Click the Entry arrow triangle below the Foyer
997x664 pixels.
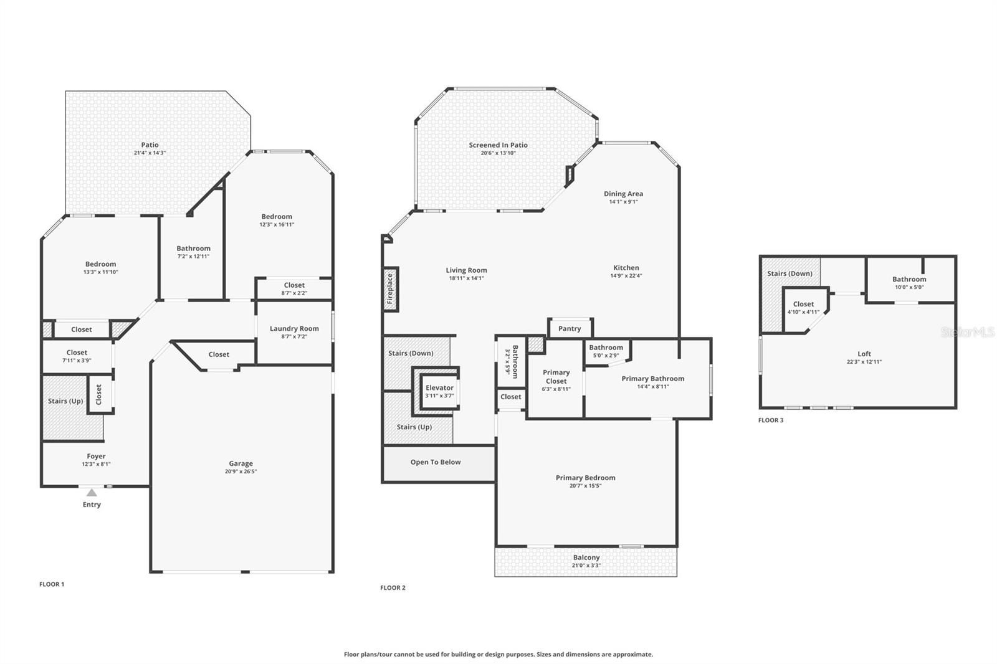coord(92,493)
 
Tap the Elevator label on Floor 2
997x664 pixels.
coord(439,387)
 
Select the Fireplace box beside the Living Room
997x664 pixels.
coord(390,289)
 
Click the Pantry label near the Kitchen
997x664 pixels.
coord(570,328)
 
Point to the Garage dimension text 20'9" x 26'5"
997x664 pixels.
coord(241,472)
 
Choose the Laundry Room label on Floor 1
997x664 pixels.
coord(294,328)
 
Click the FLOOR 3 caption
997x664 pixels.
coord(771,420)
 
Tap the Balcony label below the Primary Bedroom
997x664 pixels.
coord(586,557)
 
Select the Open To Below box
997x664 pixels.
coord(436,462)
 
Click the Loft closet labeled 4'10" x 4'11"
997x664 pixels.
coord(803,308)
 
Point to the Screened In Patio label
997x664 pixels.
coord(499,145)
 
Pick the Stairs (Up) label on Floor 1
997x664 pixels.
coord(65,401)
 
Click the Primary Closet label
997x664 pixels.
coord(556,377)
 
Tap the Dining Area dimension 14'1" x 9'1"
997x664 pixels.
coord(623,202)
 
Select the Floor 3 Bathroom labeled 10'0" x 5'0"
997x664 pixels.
coord(909,283)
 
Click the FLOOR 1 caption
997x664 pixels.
coord(52,584)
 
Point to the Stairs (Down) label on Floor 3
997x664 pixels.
coord(789,273)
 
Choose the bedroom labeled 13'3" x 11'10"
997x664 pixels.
coord(100,268)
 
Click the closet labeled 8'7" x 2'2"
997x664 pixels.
coord(294,288)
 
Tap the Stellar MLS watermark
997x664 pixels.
coord(968,333)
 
